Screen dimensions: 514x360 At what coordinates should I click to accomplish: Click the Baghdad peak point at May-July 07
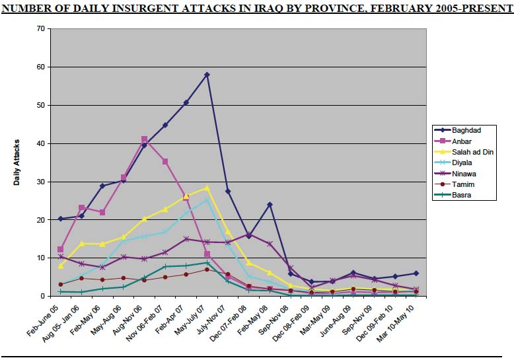click(x=207, y=75)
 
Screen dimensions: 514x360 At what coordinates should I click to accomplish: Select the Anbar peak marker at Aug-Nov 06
click(x=144, y=139)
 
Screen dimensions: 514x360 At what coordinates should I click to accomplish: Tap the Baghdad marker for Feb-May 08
click(x=270, y=205)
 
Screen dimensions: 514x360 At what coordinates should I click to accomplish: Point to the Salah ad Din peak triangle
click(x=207, y=188)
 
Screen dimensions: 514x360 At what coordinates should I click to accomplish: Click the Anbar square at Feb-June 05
click(x=60, y=250)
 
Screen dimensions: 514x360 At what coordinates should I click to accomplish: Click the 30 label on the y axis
click(x=41, y=182)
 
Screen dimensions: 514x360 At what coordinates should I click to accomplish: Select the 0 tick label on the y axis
click(x=43, y=296)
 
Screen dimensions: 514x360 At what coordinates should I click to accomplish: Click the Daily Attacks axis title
click(x=17, y=162)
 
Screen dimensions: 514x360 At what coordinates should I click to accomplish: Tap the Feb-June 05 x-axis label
click(x=43, y=320)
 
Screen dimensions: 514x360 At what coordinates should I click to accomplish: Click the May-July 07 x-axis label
click(x=189, y=320)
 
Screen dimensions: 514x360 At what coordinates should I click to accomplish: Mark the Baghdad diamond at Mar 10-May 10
click(x=416, y=273)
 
